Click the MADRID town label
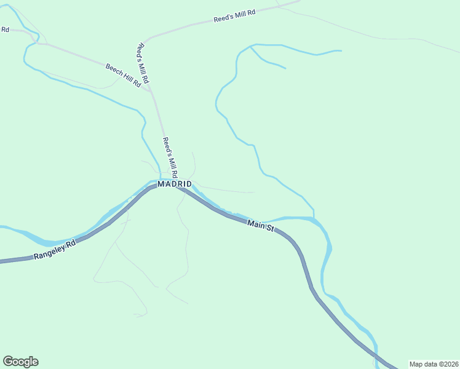point(175,184)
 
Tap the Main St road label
point(261,226)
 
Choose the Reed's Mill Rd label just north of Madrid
point(170,157)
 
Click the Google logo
point(20,362)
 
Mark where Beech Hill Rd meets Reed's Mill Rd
point(150,91)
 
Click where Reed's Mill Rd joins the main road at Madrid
point(177,185)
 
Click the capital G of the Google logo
point(8,362)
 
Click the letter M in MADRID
point(161,184)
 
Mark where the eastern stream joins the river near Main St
point(314,218)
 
